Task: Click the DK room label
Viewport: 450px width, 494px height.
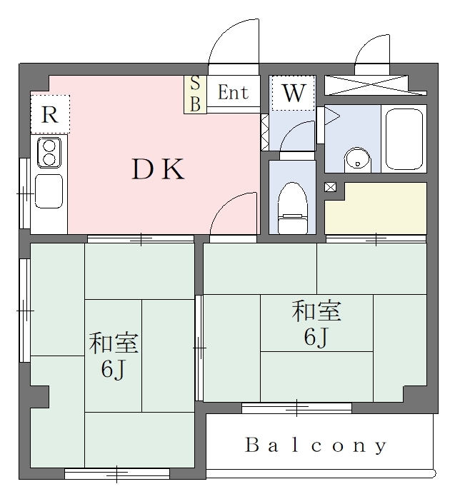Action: pyautogui.click(x=158, y=170)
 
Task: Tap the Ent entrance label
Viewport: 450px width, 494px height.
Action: pyautogui.click(x=233, y=92)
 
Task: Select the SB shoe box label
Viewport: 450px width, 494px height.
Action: pyautogui.click(x=196, y=94)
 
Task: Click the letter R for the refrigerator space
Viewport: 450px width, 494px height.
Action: pyautogui.click(x=50, y=115)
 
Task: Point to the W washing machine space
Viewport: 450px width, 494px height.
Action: pyautogui.click(x=294, y=93)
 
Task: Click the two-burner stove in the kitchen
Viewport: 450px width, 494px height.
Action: pyautogui.click(x=49, y=153)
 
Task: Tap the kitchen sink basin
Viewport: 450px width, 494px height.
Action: pyautogui.click(x=49, y=191)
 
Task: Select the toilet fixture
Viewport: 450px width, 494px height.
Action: pyautogui.click(x=292, y=208)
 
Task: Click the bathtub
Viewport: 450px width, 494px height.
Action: pyautogui.click(x=404, y=139)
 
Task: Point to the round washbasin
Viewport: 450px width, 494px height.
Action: pyautogui.click(x=358, y=161)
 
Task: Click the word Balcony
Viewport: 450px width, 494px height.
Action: pyautogui.click(x=316, y=445)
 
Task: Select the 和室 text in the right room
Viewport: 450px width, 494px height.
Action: pyautogui.click(x=316, y=311)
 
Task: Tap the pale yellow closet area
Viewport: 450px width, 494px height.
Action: pyautogui.click(x=376, y=208)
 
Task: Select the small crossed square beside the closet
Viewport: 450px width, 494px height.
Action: pyautogui.click(x=330, y=187)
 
